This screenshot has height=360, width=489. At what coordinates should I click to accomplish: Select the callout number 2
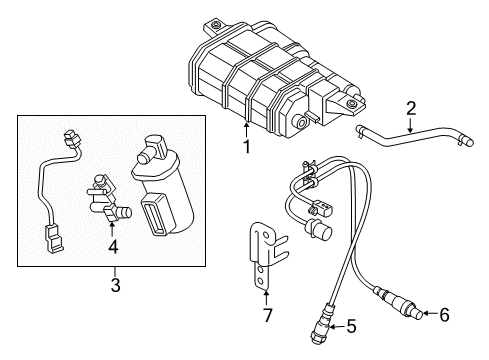coord(410,109)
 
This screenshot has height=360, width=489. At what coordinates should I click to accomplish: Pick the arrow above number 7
coord(266,296)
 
